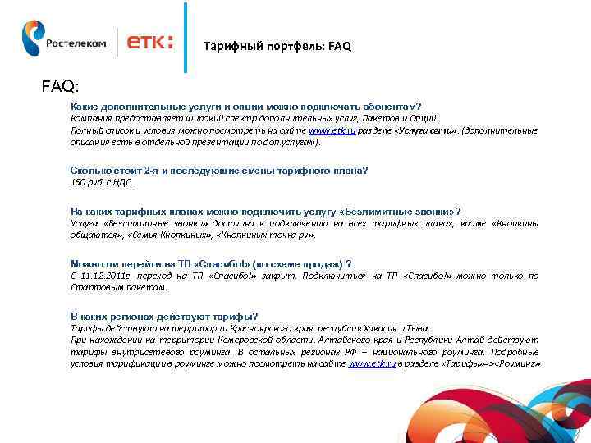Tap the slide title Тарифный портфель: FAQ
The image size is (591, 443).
pyautogui.click(x=277, y=47)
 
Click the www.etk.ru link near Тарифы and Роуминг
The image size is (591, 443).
pyautogui.click(x=372, y=362)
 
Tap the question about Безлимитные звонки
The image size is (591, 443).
pyautogui.click(x=265, y=211)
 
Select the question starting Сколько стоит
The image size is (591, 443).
pyautogui.click(x=219, y=170)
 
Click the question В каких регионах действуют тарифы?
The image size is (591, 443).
pyautogui.click(x=164, y=316)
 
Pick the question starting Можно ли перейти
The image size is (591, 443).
pyautogui.click(x=212, y=263)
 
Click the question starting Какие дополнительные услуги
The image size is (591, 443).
pyautogui.click(x=245, y=106)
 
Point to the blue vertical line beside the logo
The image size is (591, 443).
pyautogui.click(x=186, y=37)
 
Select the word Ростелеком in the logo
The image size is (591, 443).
pyautogui.click(x=76, y=44)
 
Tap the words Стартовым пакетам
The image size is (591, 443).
pyautogui.click(x=119, y=287)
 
